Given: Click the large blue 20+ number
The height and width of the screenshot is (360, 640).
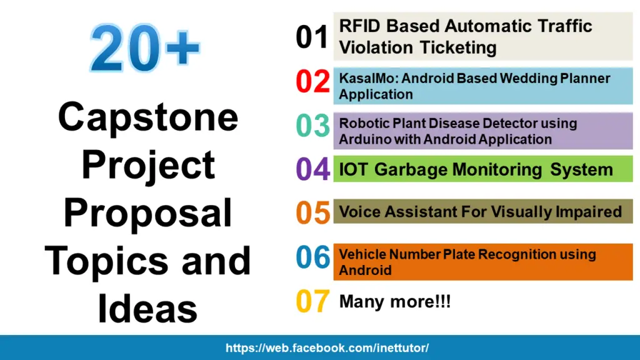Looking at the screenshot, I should [145, 49].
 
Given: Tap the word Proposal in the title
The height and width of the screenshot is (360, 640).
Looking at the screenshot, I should [148, 212].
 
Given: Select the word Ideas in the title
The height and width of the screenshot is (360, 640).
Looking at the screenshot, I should [148, 309].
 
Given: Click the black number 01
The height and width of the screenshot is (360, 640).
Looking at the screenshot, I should [312, 37].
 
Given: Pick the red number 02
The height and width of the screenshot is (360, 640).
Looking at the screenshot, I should [312, 82].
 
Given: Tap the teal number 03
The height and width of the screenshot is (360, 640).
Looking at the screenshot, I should [312, 126].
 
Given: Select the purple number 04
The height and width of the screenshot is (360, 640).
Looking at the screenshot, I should [312, 169].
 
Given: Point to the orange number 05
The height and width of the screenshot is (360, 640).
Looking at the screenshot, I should [312, 212].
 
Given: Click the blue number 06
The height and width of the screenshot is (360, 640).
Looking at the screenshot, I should [312, 257].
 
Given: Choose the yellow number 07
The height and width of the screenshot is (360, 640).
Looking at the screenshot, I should [312, 302].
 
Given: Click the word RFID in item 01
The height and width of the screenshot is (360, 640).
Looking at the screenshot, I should [360, 26].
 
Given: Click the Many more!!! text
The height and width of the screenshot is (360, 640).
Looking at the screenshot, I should [394, 302].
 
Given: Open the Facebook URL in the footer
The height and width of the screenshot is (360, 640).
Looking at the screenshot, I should [327, 348].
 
